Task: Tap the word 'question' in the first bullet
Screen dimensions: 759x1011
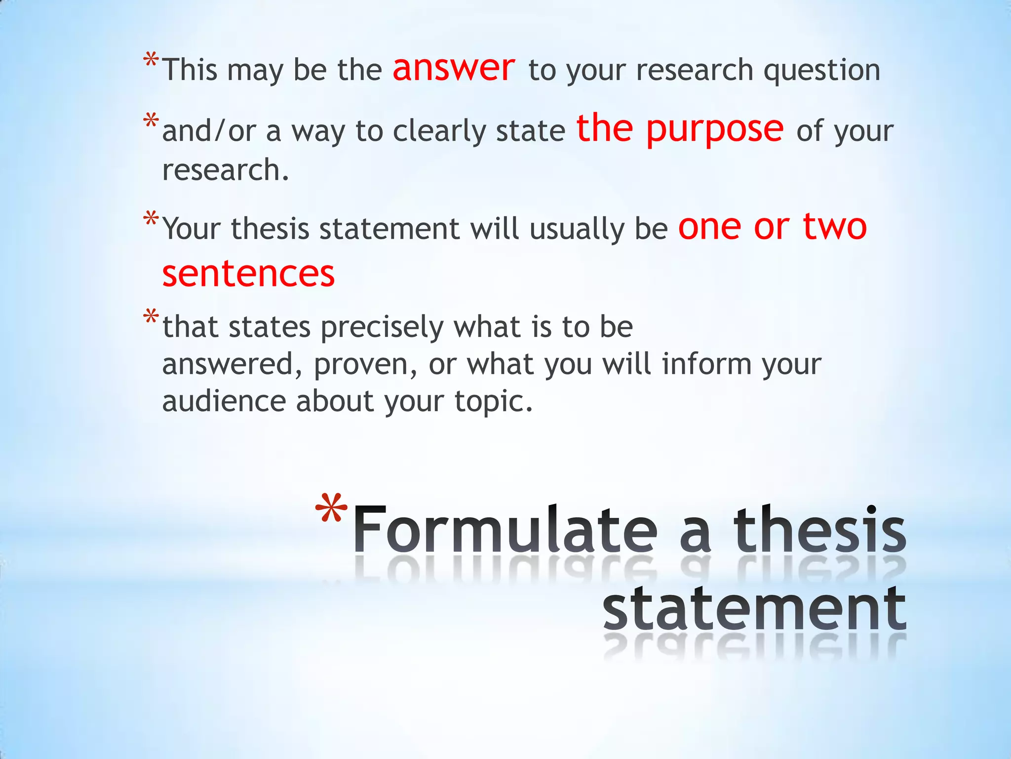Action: (822, 71)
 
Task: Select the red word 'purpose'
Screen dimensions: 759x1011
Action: (715, 129)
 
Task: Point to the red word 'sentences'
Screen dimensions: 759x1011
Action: (248, 274)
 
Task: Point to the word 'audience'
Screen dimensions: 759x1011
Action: (224, 401)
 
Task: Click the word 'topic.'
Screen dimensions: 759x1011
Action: (494, 402)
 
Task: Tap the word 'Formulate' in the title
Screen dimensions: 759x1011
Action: (505, 530)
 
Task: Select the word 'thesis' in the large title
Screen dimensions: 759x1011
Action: (819, 530)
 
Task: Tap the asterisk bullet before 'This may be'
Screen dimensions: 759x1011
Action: (151, 61)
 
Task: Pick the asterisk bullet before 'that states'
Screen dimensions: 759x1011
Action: (151, 316)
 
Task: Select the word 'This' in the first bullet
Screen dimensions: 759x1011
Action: (190, 70)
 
